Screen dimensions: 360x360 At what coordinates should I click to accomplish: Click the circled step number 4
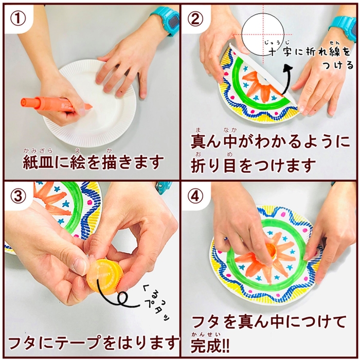195,196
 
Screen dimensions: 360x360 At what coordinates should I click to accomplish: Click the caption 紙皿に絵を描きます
93,162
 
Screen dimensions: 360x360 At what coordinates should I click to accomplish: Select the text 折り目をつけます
253,166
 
